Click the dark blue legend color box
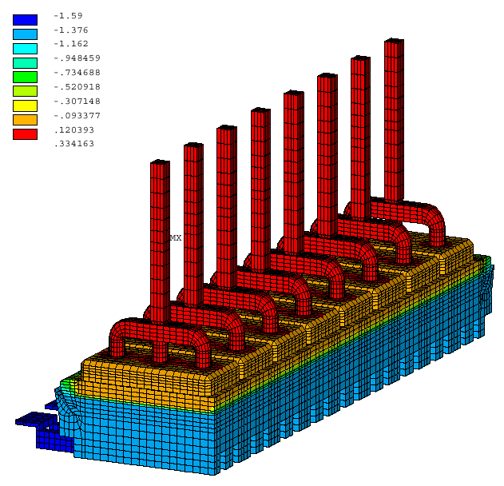pyautogui.click(x=25, y=20)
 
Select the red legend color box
pyautogui.click(x=25, y=134)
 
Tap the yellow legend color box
pyautogui.click(x=25, y=106)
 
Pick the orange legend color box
pyautogui.click(x=25, y=120)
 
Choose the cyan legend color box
pyautogui.click(x=25, y=49)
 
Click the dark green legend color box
pyautogui.click(x=25, y=78)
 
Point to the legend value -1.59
pyautogui.click(x=68, y=16)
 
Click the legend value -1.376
pyautogui.click(x=71, y=30)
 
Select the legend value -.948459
pyautogui.click(x=77, y=58)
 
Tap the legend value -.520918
pyautogui.click(x=77, y=87)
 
